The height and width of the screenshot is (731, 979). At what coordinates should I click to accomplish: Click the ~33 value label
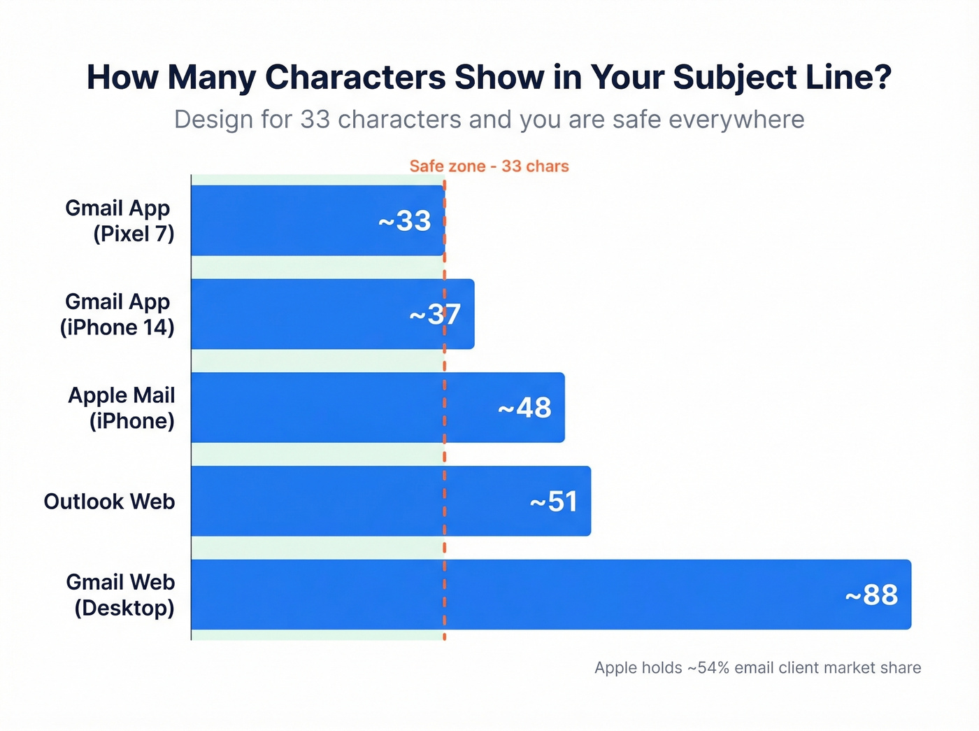click(404, 221)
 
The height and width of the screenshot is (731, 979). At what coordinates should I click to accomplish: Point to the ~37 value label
click(435, 315)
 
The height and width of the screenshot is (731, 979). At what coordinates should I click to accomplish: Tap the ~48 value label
click(524, 408)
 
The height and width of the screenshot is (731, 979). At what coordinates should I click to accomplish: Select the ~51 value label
click(553, 502)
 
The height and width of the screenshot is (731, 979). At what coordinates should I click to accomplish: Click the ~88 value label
click(871, 595)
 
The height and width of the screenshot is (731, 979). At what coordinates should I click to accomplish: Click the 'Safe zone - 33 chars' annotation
click(489, 166)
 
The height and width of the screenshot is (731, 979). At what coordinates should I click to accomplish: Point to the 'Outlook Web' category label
click(109, 502)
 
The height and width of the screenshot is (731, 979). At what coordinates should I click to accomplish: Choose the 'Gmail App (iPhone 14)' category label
click(118, 314)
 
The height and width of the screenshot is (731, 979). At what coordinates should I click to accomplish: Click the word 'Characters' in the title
click(355, 77)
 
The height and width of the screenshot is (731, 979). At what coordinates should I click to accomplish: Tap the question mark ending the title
click(882, 77)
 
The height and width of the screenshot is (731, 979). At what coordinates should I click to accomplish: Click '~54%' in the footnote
click(708, 668)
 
